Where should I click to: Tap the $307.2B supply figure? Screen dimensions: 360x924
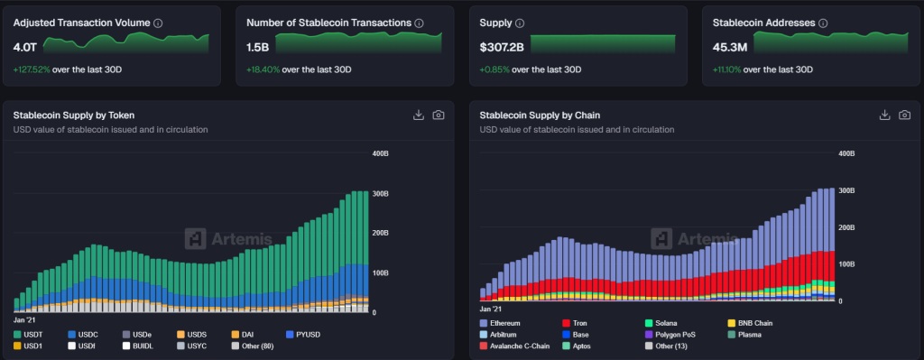501,46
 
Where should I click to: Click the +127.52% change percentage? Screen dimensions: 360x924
32,69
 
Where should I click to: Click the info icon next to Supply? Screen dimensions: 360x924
519,23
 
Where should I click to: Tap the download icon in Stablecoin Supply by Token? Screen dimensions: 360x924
418,115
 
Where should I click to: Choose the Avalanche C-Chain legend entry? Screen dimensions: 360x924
519,346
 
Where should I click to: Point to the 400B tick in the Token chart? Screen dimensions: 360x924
380,154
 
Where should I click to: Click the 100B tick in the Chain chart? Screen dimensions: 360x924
846,264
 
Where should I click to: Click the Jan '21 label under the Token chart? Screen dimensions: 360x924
25,320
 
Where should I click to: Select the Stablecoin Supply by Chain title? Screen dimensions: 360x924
540,115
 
